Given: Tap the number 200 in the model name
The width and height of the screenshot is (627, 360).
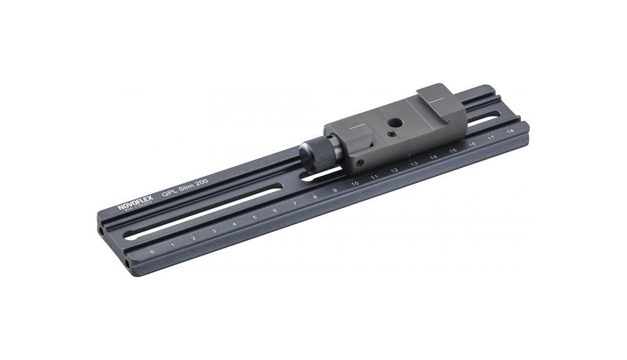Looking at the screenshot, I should coord(199,182).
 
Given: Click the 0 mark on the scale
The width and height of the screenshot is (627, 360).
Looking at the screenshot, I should coord(152,253).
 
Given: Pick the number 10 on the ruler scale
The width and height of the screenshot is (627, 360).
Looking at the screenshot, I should coord(354,184).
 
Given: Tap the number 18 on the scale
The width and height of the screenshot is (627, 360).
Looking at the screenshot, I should coord(510,131).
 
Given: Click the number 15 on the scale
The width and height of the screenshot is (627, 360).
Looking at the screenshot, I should coord(453,150).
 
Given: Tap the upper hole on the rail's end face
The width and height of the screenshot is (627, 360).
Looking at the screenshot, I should coord(102,231).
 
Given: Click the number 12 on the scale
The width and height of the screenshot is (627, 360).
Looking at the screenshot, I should coord(394,170).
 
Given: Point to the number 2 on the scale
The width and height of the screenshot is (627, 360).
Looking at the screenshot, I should coord(193,238).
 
